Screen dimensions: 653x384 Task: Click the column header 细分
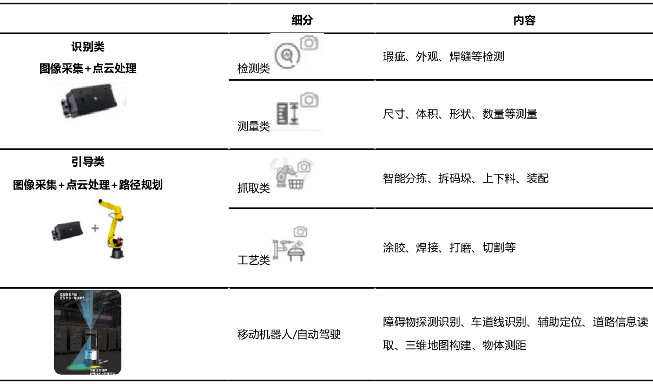pyautogui.click(x=302, y=21)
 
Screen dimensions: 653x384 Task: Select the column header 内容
pyautogui.click(x=524, y=21)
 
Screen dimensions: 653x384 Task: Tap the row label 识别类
pyautogui.click(x=88, y=47)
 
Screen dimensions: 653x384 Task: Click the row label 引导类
pyautogui.click(x=88, y=162)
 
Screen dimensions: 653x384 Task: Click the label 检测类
pyautogui.click(x=253, y=70)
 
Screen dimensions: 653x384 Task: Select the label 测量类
pyautogui.click(x=253, y=127)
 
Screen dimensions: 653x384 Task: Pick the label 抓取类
pyautogui.click(x=253, y=188)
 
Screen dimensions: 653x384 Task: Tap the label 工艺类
pyautogui.click(x=253, y=261)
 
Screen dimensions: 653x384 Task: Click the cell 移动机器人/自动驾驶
pyautogui.click(x=289, y=335)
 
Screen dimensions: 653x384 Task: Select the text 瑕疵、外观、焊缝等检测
pyautogui.click(x=443, y=56)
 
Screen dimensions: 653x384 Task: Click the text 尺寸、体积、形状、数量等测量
pyautogui.click(x=460, y=114)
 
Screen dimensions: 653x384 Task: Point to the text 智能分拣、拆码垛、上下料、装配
pyautogui.click(x=465, y=178)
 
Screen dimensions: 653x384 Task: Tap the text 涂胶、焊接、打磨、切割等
pyautogui.click(x=449, y=248)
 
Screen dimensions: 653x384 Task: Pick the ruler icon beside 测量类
pyautogui.click(x=288, y=114)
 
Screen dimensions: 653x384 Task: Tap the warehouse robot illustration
pyautogui.click(x=88, y=332)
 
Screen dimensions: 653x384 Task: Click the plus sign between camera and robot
pyautogui.click(x=95, y=228)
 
